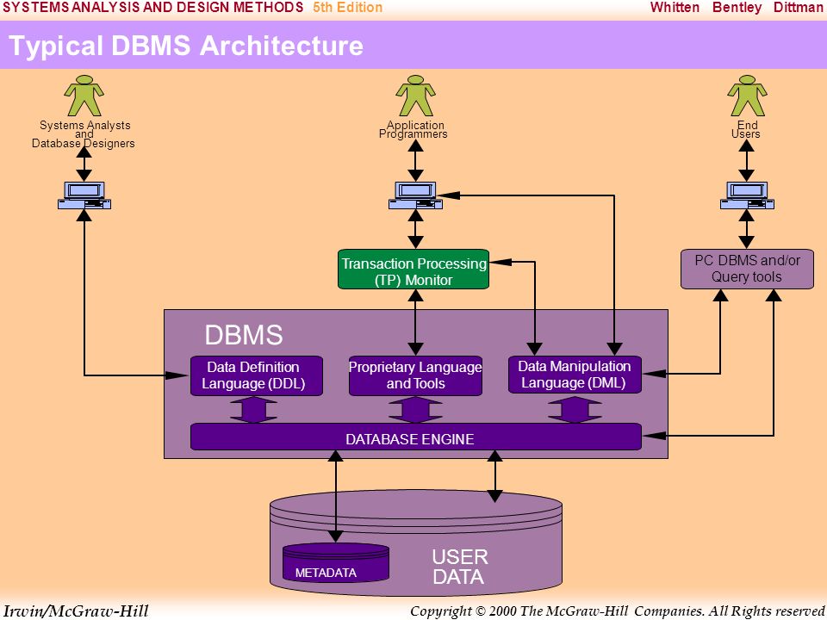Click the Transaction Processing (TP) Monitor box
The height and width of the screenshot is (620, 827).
(x=413, y=270)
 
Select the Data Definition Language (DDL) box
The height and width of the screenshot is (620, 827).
(x=257, y=376)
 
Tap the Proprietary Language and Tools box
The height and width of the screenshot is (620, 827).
(x=415, y=376)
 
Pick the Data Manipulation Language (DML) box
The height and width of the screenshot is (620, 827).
(x=575, y=375)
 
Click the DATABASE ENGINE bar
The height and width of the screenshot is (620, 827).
(x=415, y=437)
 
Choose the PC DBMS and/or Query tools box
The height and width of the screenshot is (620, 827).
(x=747, y=269)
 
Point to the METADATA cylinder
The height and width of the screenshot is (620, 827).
(x=336, y=562)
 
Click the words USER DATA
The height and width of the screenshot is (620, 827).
(x=459, y=567)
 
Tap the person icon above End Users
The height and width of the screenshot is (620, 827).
(x=747, y=96)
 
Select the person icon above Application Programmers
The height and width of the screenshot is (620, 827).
(x=415, y=96)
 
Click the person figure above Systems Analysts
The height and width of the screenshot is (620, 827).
(x=84, y=96)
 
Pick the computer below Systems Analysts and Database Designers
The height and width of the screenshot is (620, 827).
(x=84, y=195)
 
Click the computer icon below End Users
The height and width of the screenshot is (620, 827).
(x=747, y=195)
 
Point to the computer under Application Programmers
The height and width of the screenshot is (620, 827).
(x=415, y=195)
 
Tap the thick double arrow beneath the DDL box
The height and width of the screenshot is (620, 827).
(x=253, y=410)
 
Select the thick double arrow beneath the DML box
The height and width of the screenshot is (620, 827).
(x=575, y=410)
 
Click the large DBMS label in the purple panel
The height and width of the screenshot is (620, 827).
(x=244, y=335)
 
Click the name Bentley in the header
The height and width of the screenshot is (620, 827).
(x=737, y=8)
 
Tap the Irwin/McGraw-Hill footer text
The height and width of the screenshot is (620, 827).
(x=76, y=611)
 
